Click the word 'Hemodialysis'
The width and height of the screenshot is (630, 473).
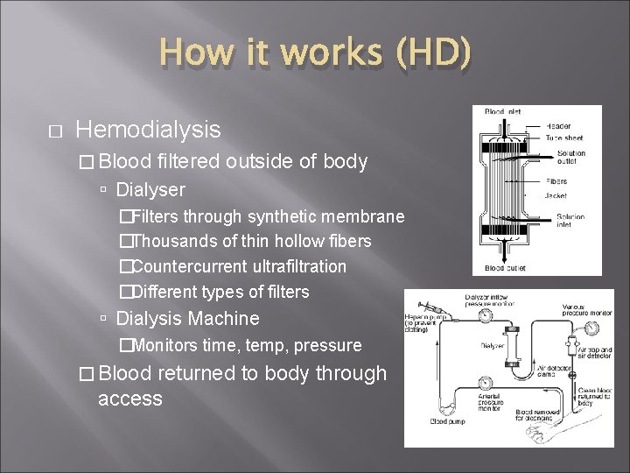pos(149,131)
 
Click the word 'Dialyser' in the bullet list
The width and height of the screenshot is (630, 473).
pos(150,189)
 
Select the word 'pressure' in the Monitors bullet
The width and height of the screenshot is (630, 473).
pos(329,345)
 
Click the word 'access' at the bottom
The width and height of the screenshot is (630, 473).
pos(130,399)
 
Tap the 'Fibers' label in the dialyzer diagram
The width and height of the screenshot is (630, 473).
pos(556,181)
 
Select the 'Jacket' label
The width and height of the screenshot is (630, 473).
pos(557,196)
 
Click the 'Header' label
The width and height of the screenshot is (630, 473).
pos(559,127)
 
